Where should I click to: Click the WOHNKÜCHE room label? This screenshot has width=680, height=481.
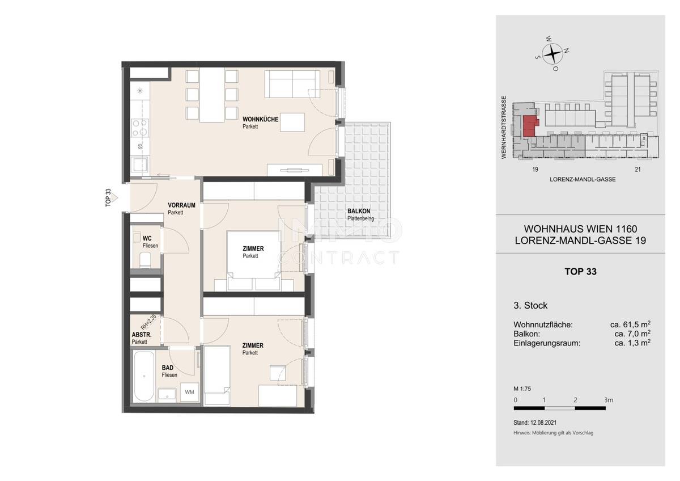point(260,119)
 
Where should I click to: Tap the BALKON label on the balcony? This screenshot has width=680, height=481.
point(359,211)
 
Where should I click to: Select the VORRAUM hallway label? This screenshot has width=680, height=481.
point(181,205)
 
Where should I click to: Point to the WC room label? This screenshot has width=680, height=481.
point(147,239)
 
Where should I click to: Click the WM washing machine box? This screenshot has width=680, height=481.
point(189,392)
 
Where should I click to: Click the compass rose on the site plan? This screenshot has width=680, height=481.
point(552,54)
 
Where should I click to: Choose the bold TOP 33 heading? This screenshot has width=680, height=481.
point(580,272)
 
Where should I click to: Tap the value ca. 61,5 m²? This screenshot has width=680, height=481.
point(630,324)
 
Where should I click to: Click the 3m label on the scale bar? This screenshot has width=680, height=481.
point(609,400)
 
